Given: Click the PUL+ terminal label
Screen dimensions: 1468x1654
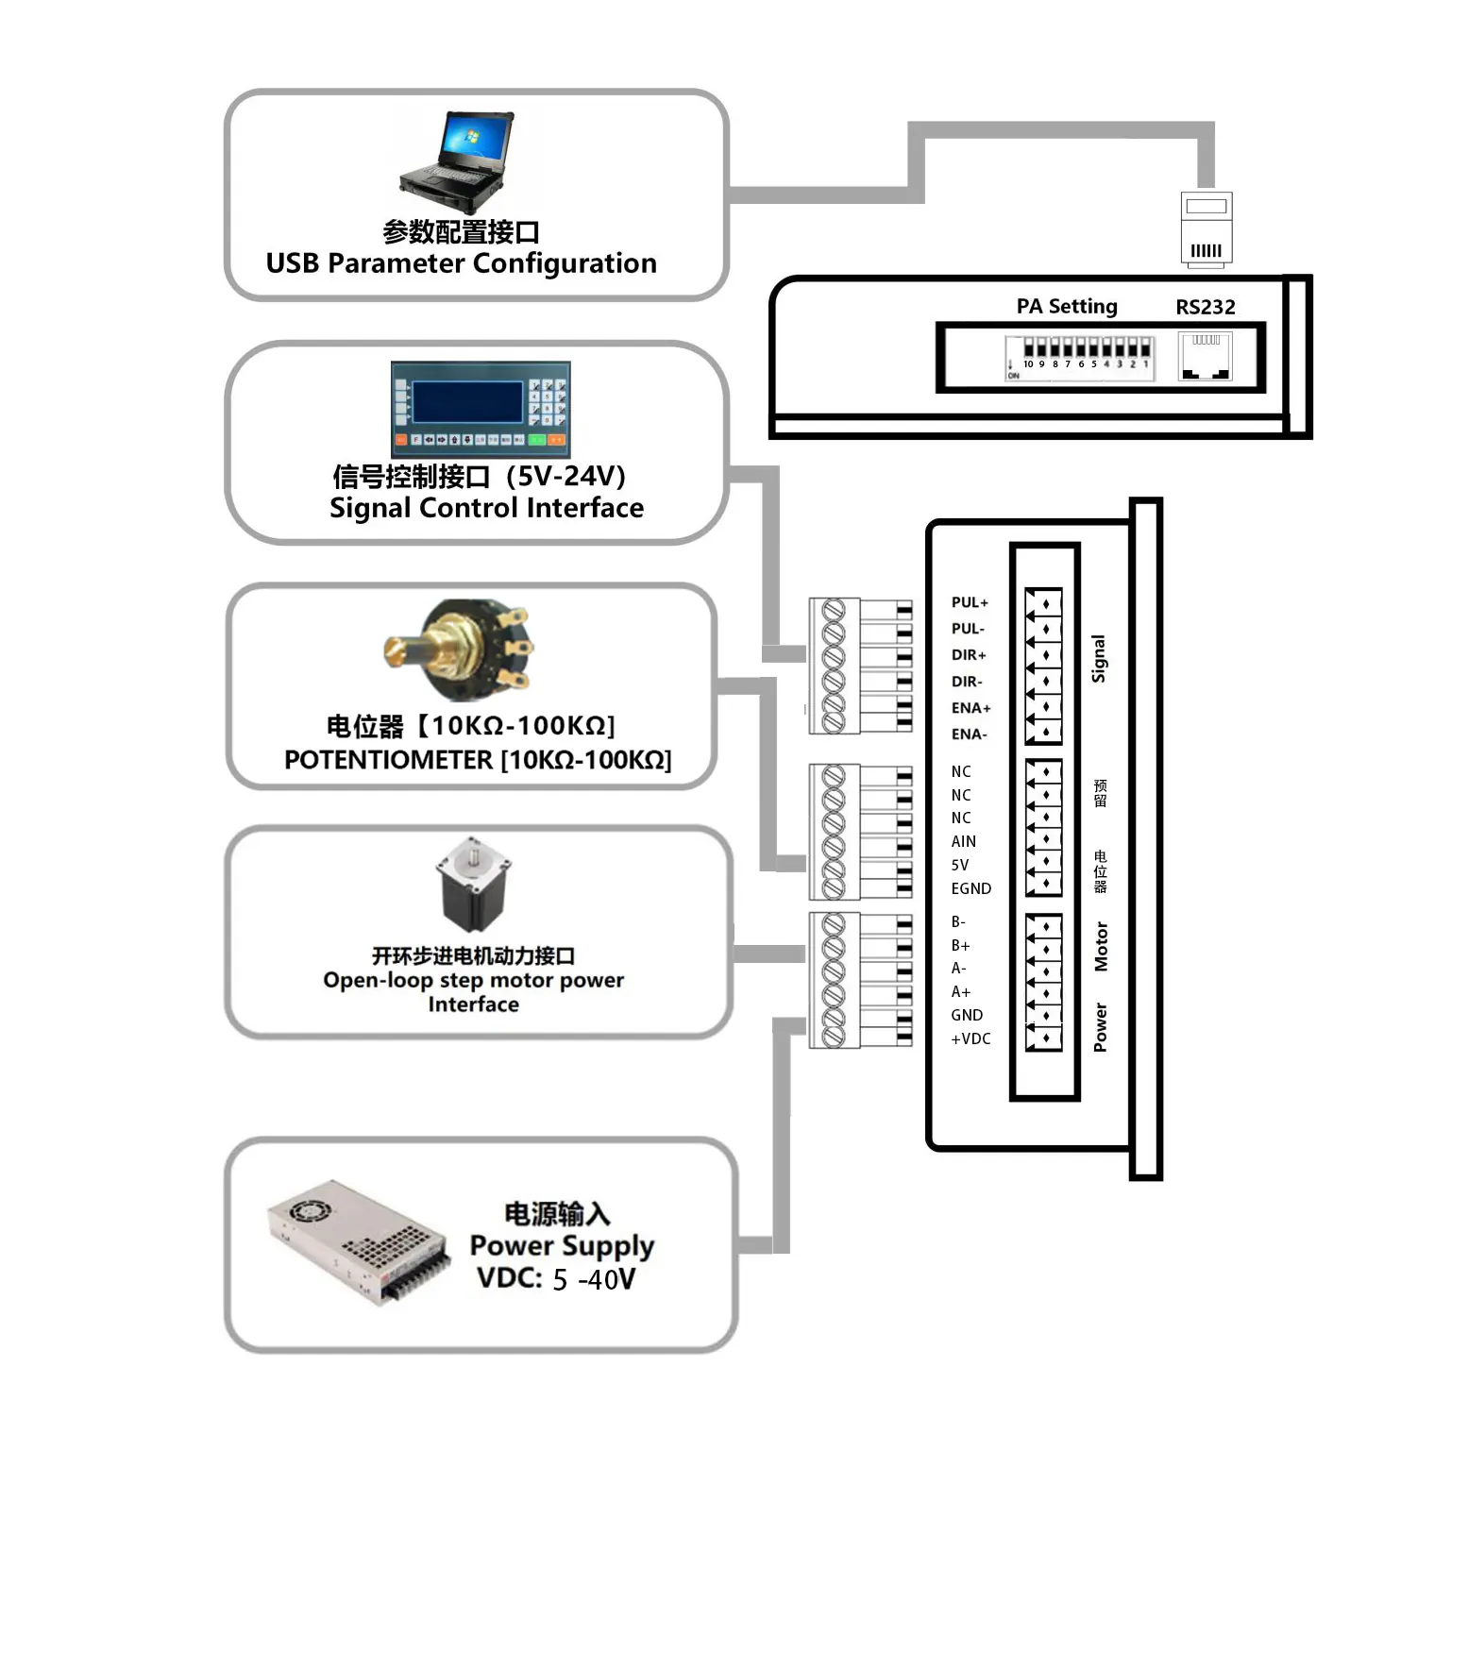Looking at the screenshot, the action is (970, 602).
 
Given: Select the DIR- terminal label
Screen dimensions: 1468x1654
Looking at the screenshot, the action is (967, 682).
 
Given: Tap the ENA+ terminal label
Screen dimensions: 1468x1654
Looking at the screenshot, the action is (971, 708).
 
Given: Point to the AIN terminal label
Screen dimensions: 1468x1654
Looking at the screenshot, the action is (964, 841).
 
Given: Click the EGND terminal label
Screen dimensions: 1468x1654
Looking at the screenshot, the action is (971, 888).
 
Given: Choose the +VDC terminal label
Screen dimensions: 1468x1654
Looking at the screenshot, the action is (971, 1038).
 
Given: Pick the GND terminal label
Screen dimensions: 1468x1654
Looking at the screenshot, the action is (967, 1015).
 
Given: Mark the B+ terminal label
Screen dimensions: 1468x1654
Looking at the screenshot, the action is (960, 945).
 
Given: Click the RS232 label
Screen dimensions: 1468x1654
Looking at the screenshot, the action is (1206, 307).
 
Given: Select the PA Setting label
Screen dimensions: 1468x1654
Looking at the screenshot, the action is (1067, 307).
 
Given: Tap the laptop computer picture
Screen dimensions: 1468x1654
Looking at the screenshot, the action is (457, 163).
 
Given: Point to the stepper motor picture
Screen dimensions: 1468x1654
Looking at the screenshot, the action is (473, 885).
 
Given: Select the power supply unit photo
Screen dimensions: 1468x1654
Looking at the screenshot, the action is (358, 1240).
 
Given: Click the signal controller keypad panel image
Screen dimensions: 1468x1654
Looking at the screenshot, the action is (481, 410).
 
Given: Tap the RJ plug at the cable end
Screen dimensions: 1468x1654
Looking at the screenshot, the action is (1206, 229).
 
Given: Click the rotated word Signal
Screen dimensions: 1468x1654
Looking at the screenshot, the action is (1099, 658).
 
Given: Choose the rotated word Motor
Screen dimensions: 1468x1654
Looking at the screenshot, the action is (1101, 947).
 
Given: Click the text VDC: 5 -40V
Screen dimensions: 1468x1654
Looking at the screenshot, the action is (556, 1279).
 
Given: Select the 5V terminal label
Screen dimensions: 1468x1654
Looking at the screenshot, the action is (960, 865).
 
